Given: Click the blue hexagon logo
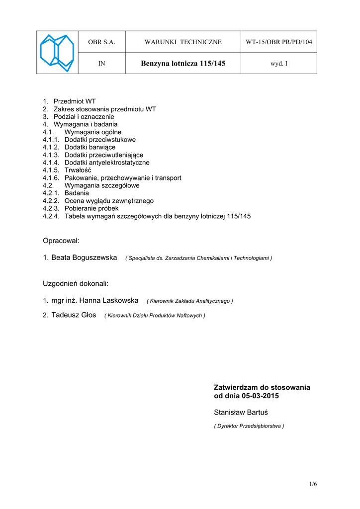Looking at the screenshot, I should [57, 53].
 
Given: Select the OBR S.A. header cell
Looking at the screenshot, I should [101, 42].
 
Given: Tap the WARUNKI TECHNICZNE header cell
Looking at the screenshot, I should [183, 42].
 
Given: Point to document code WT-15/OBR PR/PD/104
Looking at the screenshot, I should [279, 42].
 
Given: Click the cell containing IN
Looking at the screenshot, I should [101, 64].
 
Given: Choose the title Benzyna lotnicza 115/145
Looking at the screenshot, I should [183, 64].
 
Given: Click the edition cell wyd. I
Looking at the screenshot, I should [279, 64].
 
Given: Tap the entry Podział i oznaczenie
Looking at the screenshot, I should [84, 117].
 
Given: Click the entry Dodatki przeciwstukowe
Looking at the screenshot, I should [100, 140].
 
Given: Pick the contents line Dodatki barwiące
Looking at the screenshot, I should [90, 147].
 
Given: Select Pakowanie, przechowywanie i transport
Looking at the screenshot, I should [123, 178].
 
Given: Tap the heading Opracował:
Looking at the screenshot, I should [61, 241].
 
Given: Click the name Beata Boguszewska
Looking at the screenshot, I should [84, 257].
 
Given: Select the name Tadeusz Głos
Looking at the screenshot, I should [74, 315].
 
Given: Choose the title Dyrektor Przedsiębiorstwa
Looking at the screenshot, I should [249, 426].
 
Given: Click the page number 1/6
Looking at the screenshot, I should [313, 484].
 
